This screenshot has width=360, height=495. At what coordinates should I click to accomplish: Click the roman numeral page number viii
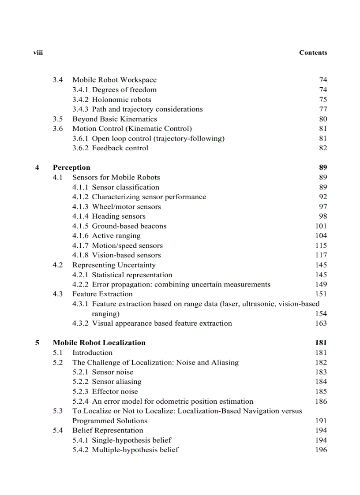[x=38, y=52]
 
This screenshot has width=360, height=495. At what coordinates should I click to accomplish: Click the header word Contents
[x=313, y=52]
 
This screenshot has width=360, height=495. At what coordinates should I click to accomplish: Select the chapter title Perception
[x=71, y=167]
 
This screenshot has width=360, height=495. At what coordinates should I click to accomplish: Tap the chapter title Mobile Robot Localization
[x=99, y=342]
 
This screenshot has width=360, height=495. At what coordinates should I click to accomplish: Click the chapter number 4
[x=37, y=167]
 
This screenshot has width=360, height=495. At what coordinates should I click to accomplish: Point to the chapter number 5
[x=37, y=342]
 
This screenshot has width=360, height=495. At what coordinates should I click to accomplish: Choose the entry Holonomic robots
[x=121, y=100]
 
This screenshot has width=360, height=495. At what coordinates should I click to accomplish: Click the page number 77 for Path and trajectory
[x=323, y=109]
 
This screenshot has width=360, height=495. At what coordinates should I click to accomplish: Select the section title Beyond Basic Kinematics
[x=115, y=119]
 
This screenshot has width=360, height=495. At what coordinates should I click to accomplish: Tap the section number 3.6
[x=58, y=129]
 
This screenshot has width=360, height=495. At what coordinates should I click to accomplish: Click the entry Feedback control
[x=120, y=148]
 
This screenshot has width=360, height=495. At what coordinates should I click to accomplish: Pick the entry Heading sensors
[x=118, y=216]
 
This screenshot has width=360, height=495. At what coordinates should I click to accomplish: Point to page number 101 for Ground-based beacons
[x=321, y=226]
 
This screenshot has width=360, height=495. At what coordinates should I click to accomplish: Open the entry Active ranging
[x=116, y=236]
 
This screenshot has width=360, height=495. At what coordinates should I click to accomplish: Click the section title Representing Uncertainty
[x=114, y=265]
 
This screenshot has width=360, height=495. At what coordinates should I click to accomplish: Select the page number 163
[x=321, y=323]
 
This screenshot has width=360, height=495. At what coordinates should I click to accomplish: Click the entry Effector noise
[x=115, y=391]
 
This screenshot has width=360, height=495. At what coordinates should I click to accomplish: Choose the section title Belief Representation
[x=108, y=430]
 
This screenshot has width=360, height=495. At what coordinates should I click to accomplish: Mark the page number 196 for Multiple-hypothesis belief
[x=321, y=450]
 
